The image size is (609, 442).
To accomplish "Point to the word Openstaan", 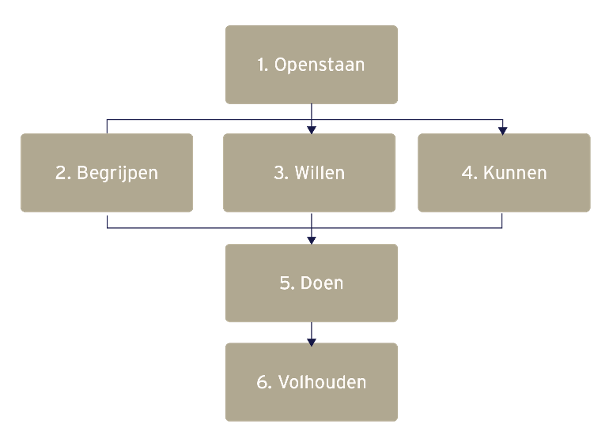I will (319, 66).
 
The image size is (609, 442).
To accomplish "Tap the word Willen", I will (320, 173).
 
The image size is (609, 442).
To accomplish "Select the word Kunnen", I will (514, 173).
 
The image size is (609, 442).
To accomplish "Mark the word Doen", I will (321, 283).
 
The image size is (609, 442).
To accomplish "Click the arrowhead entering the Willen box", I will (311, 129).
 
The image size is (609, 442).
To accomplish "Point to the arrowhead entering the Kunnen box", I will (503, 129).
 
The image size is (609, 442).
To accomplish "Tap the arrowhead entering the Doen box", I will (311, 239).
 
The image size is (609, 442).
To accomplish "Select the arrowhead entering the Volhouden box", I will (311, 340).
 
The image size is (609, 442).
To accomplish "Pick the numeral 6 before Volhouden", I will (260, 382).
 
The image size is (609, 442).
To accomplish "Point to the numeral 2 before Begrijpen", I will (60, 173).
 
